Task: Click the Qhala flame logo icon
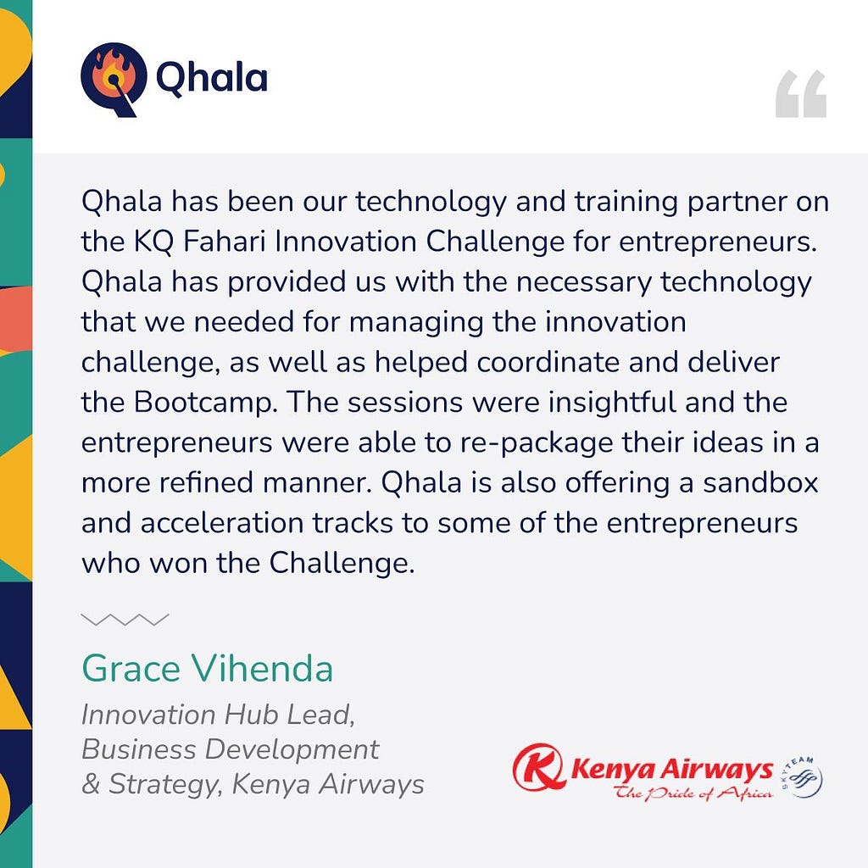point(114,79)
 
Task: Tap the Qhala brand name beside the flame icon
point(212,77)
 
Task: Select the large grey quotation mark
point(800,93)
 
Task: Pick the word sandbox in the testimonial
point(760,482)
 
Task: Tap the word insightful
point(612,403)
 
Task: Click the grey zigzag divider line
point(125,620)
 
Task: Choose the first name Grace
point(131,668)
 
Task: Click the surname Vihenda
point(263,668)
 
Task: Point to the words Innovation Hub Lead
point(218,715)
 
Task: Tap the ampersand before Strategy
point(90,784)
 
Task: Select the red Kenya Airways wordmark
point(671,770)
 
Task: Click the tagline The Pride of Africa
point(693,793)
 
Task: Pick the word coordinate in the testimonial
point(548,363)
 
